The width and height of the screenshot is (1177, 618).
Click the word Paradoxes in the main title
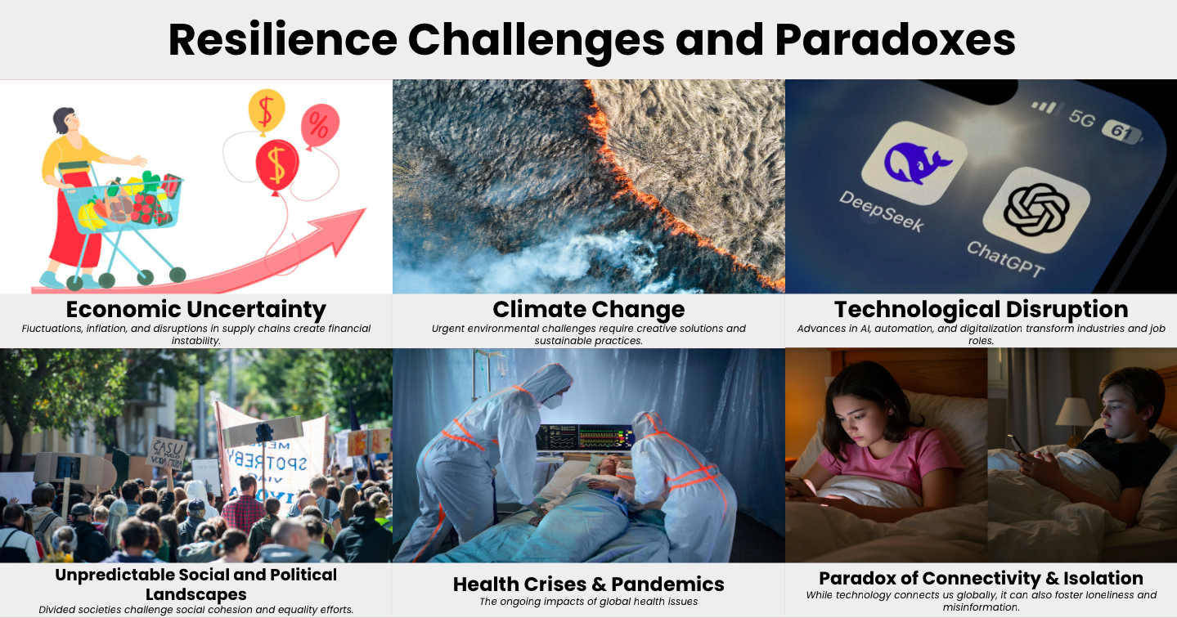[895, 40]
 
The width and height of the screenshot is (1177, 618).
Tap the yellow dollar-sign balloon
[267, 111]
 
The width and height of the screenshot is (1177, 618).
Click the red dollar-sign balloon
[277, 165]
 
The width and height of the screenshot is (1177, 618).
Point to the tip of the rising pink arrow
[365, 209]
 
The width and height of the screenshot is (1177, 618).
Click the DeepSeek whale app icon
[914, 163]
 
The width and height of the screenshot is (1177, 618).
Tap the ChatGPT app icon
[1036, 210]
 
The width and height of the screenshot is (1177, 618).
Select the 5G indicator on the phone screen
[1081, 119]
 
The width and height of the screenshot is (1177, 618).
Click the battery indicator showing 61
[1122, 132]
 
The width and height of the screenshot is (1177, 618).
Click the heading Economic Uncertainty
[196, 309]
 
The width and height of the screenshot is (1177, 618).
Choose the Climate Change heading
[589, 309]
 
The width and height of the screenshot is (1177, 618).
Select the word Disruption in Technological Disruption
[1067, 309]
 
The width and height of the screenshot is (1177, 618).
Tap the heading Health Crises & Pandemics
[589, 584]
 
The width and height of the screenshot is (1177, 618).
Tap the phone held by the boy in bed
[1018, 446]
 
